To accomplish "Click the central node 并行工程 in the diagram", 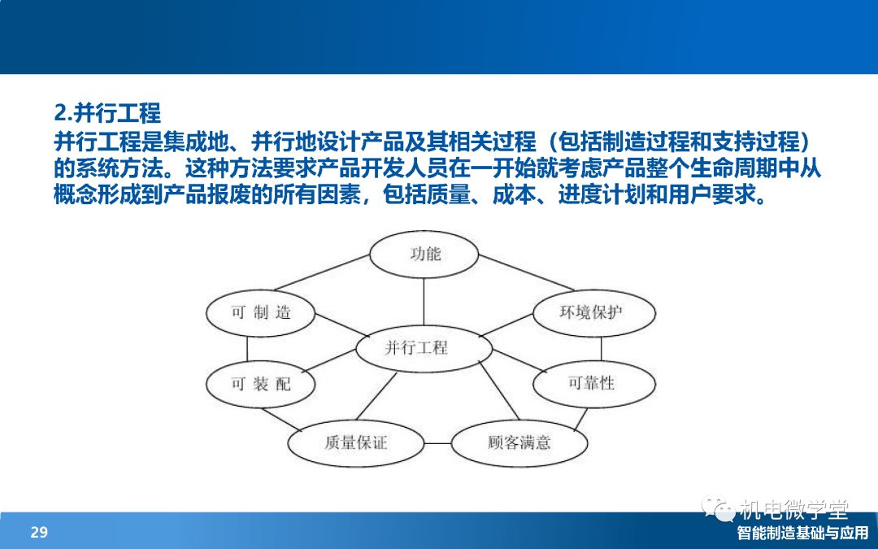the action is [424, 348].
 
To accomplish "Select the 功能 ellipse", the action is [424, 255].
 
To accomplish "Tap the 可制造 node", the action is [260, 312].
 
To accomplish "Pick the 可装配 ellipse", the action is [260, 384].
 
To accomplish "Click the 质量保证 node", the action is [355, 443].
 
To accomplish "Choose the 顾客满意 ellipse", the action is [519, 443].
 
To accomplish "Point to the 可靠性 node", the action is [594, 384].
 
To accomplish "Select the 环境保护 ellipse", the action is [594, 312].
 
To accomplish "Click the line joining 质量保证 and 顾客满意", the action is [437, 443].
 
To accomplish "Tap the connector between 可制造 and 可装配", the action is [247, 348].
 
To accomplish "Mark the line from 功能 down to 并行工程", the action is [424, 302].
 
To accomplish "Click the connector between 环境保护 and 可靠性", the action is [602, 348].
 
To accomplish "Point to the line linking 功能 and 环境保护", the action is [526, 272].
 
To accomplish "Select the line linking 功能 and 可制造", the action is [322, 272].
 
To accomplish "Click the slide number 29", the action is [39, 532].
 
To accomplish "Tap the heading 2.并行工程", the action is [107, 112].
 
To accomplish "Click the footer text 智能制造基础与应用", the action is [802, 533].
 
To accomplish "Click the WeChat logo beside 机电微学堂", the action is [719, 508].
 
